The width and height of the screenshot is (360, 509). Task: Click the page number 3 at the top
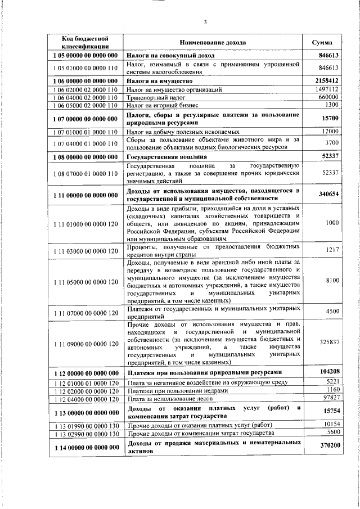pos(205,22)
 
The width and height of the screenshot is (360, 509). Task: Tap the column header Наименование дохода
pos(213,42)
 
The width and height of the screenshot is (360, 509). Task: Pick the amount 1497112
pos(326,89)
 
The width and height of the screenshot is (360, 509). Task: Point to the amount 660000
pos(328,97)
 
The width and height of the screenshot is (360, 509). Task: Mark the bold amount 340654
pos(327,193)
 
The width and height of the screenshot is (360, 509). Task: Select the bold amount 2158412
pos(325,81)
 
